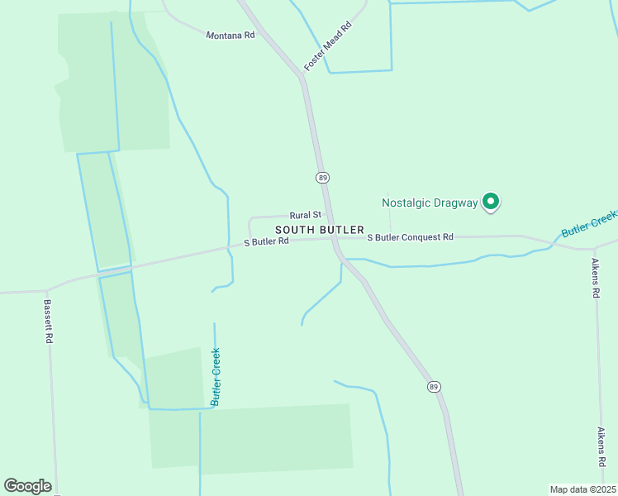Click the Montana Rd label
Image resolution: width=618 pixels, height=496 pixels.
coord(230,35)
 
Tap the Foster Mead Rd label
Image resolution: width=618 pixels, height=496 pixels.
coord(328,46)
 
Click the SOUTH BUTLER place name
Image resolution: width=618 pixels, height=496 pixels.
coord(320,229)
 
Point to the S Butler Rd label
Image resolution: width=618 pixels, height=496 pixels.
coord(266,241)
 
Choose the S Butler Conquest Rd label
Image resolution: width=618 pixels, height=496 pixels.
coord(411,237)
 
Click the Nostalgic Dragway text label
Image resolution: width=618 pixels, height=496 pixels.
coord(430,202)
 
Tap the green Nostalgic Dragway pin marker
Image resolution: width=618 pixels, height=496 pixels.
coord(492,201)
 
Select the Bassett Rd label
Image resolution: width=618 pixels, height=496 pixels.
coord(48,321)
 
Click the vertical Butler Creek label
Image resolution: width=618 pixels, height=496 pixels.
coord(216,376)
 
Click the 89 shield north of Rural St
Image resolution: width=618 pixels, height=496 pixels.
coord(322,178)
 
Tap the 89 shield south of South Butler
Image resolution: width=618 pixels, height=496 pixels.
coord(434,386)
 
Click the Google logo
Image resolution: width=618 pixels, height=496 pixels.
coord(27,486)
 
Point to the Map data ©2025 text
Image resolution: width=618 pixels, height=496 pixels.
coord(582,489)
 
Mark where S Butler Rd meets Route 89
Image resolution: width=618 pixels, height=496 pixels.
coord(334,239)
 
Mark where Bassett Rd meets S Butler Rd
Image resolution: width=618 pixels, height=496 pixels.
coord(46,291)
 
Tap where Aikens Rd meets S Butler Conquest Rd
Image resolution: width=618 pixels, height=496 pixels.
coord(594,248)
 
